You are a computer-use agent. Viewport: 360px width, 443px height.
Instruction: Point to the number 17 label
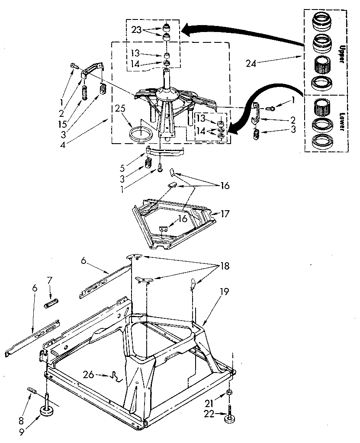(x=225, y=214)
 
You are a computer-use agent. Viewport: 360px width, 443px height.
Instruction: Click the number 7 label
(x=50, y=281)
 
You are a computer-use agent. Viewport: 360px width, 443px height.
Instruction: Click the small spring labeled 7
(x=51, y=302)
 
